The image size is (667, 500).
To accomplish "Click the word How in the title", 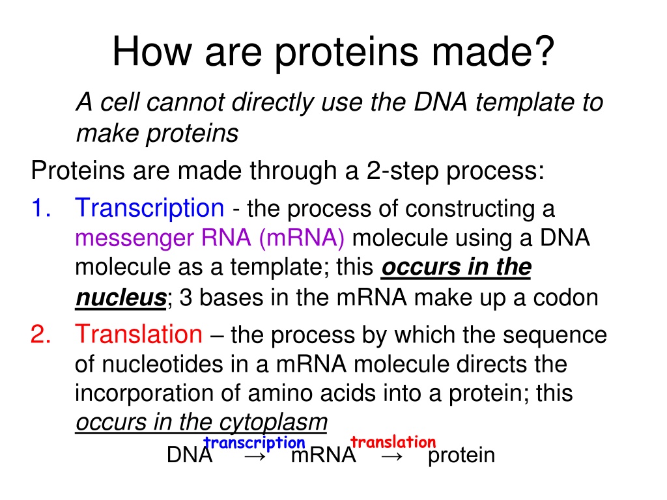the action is tap(151, 51).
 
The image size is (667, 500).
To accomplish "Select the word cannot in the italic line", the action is tap(184, 102).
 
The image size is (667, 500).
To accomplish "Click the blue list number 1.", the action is tap(41, 208).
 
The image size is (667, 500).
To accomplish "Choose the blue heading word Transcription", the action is tap(149, 209).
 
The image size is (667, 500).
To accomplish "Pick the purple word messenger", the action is tap(134, 239).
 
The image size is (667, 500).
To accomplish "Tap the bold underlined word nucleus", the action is tap(121, 297).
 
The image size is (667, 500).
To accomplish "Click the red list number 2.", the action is tap(41, 334).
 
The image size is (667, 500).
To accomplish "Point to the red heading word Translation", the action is tap(139, 334).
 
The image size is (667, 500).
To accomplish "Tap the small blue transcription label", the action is tap(255, 443).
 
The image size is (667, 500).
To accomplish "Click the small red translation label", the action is tap(393, 442).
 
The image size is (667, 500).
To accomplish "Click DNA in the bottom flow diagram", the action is tap(190, 455).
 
